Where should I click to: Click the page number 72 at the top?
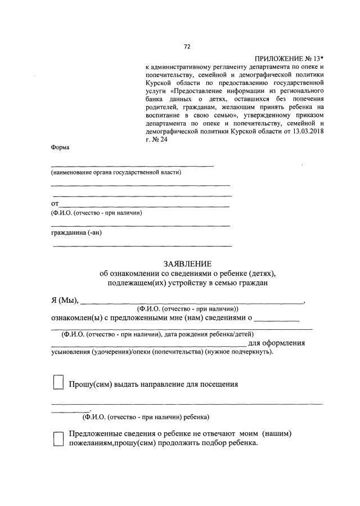point(187,47)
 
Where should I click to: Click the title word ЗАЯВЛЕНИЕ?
point(187,263)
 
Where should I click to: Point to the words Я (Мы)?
point(65,299)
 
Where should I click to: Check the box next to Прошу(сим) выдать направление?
point(58,383)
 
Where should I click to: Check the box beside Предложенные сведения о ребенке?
point(58,439)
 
